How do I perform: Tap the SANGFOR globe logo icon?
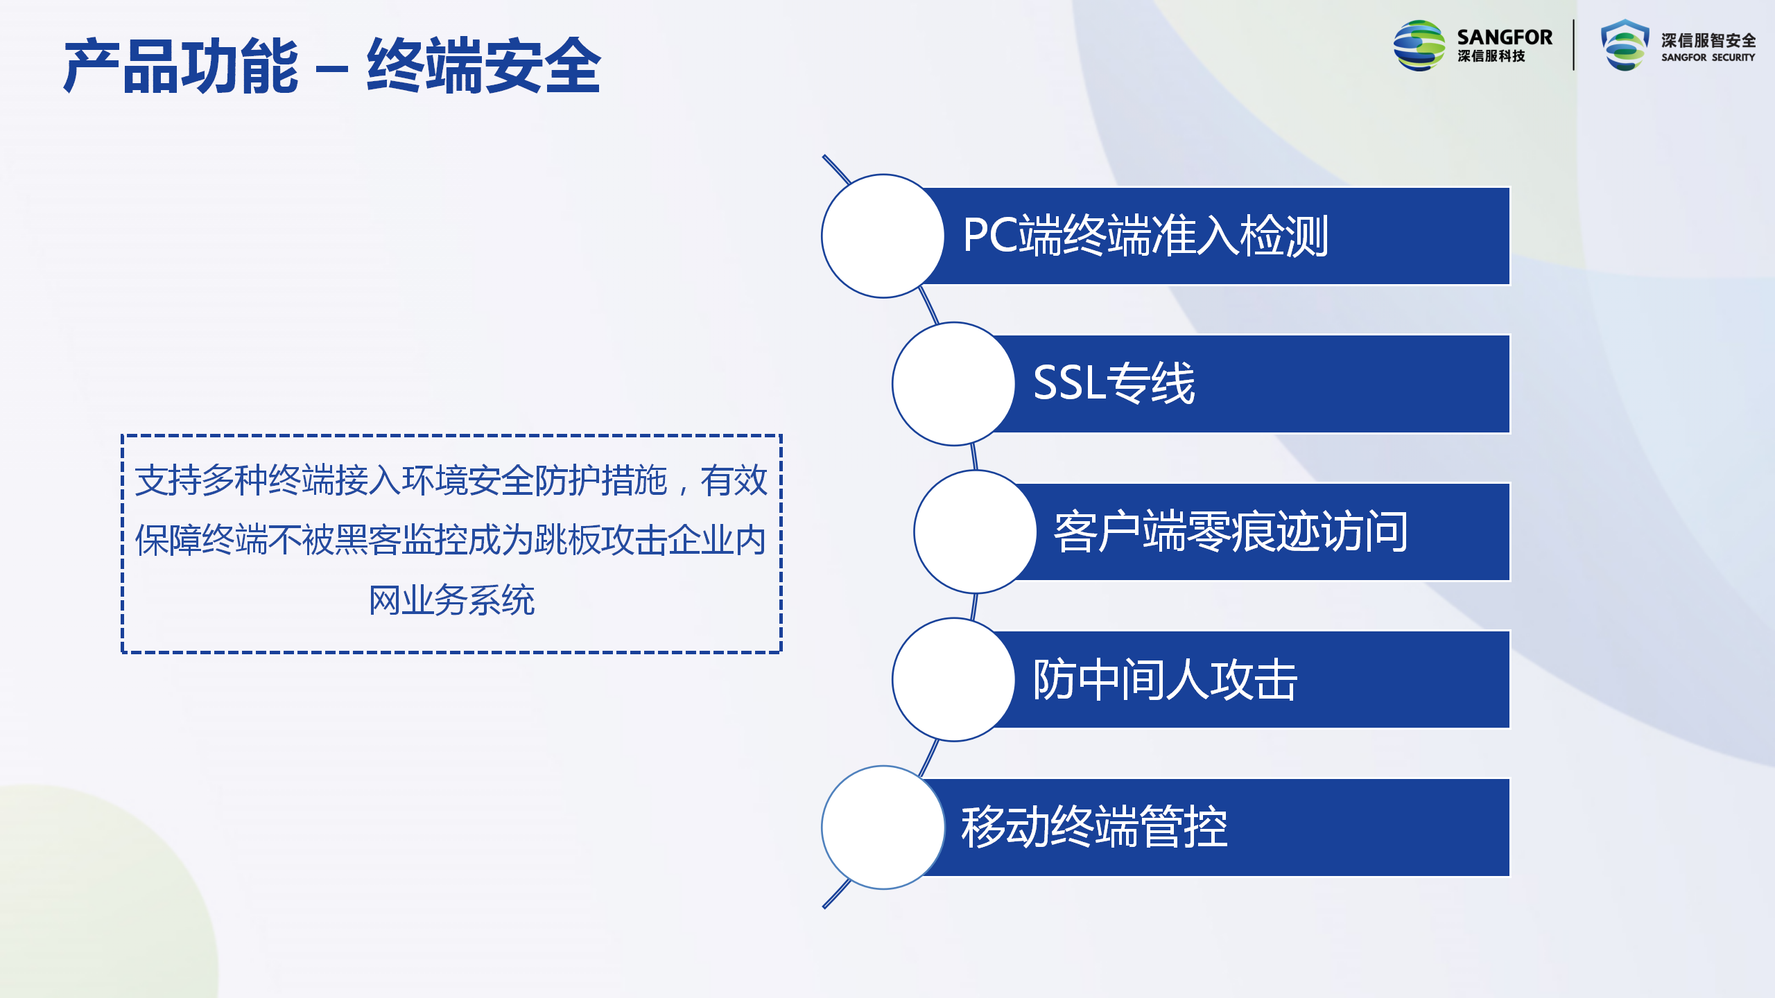pyautogui.click(x=1419, y=46)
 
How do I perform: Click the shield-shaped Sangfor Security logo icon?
pyautogui.click(x=1625, y=45)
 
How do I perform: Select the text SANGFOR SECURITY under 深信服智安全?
pyautogui.click(x=1708, y=58)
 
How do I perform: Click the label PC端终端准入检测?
pyautogui.click(x=1145, y=236)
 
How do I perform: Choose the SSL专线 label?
pyautogui.click(x=1114, y=383)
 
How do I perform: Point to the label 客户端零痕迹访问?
pyautogui.click(x=1231, y=532)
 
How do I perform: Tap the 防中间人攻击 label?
pyautogui.click(x=1165, y=679)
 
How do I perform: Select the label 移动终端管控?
pyautogui.click(x=1094, y=827)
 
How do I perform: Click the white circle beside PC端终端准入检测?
pyautogui.click(x=883, y=236)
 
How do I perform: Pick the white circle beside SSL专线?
pyautogui.click(x=954, y=383)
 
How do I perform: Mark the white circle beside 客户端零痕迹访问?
pyautogui.click(x=976, y=532)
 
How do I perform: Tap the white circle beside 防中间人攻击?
pyautogui.click(x=954, y=679)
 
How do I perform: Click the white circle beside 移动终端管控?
pyautogui.click(x=883, y=827)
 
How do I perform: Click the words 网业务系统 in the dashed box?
pyautogui.click(x=451, y=600)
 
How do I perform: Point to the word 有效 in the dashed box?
pyautogui.click(x=734, y=480)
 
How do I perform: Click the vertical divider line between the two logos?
pyautogui.click(x=1573, y=45)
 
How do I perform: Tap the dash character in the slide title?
pyautogui.click(x=331, y=69)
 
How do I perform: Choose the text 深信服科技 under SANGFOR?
pyautogui.click(x=1491, y=56)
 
